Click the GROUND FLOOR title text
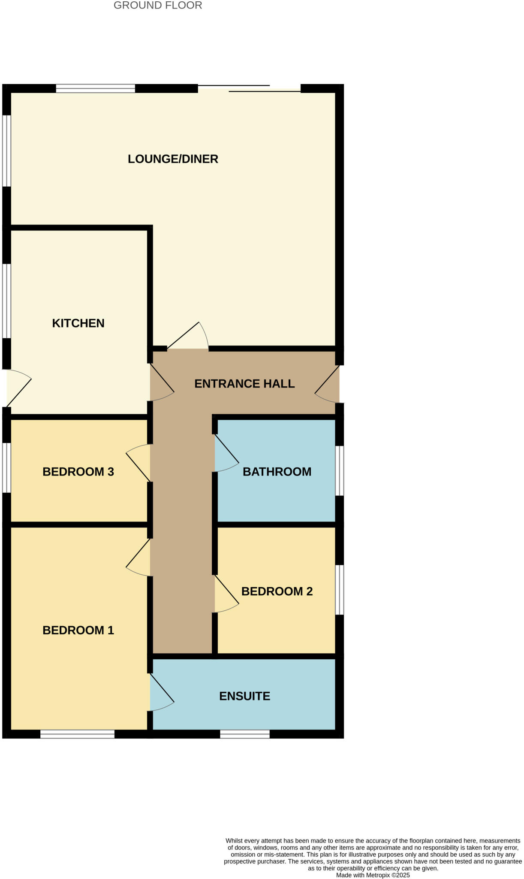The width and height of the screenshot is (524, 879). pyautogui.click(x=158, y=6)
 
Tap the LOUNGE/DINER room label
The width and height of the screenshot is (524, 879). pyautogui.click(x=173, y=159)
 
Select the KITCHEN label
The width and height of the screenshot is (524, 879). pyautogui.click(x=78, y=323)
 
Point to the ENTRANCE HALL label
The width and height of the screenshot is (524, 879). pyautogui.click(x=244, y=384)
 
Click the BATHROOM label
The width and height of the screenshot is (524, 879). pyautogui.click(x=277, y=472)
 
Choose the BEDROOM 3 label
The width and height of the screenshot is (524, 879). pyautogui.click(x=78, y=472)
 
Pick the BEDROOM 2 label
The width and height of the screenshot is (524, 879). pyautogui.click(x=277, y=591)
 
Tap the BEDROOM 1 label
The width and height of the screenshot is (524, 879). pyautogui.click(x=78, y=630)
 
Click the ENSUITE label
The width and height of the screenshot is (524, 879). pyautogui.click(x=244, y=696)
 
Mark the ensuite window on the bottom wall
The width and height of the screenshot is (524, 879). pyautogui.click(x=244, y=734)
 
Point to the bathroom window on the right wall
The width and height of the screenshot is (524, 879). pyautogui.click(x=339, y=471)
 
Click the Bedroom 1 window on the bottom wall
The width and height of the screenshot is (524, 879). pyautogui.click(x=77, y=734)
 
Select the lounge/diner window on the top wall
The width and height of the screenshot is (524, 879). pyautogui.click(x=95, y=88)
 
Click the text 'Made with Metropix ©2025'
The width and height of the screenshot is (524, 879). pyautogui.click(x=373, y=875)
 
